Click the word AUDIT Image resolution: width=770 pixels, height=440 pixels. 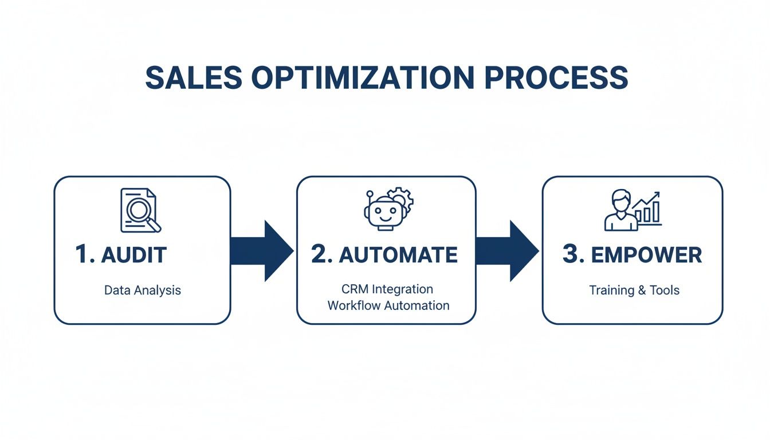coord(133,255)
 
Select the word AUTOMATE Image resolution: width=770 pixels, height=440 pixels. coord(398,255)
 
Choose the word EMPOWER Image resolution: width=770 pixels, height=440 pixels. coord(646,255)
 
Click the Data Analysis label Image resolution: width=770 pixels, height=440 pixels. coord(142,290)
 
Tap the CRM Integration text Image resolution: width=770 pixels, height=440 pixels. coord(388,289)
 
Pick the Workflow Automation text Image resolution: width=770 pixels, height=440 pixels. coord(388,305)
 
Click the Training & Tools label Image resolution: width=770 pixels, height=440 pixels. coord(634,290)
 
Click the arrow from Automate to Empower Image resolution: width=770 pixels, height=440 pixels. coord(507,251)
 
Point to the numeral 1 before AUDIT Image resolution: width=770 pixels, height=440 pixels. coord(82,255)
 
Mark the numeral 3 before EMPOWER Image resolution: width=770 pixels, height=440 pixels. coord(571,255)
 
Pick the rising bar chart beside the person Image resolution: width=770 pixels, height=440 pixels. coord(647,209)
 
